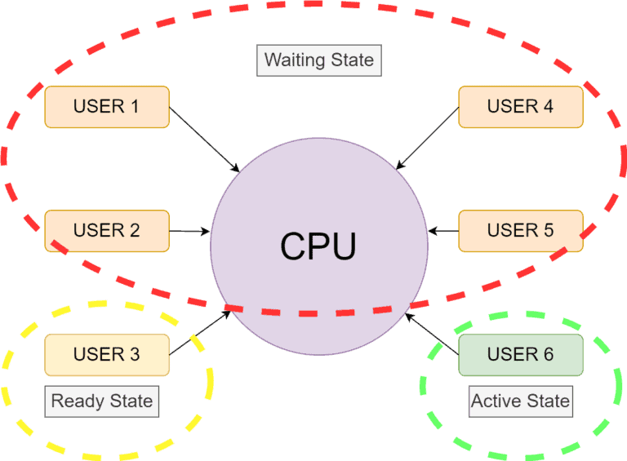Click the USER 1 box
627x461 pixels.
(107, 107)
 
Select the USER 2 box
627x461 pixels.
(107, 231)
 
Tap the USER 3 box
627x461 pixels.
(107, 355)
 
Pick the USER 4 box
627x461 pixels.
(521, 107)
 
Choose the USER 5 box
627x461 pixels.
(521, 231)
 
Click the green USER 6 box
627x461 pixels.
(521, 355)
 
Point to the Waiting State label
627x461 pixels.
(319, 60)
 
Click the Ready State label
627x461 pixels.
(102, 401)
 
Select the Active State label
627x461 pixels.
(520, 401)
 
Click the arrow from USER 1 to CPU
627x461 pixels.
(204, 140)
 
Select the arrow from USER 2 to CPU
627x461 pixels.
(190, 232)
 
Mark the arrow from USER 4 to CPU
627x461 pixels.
(427, 139)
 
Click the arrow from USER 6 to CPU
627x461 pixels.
(433, 335)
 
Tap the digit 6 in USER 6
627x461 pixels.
(548, 355)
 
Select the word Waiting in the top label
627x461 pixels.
(291, 60)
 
